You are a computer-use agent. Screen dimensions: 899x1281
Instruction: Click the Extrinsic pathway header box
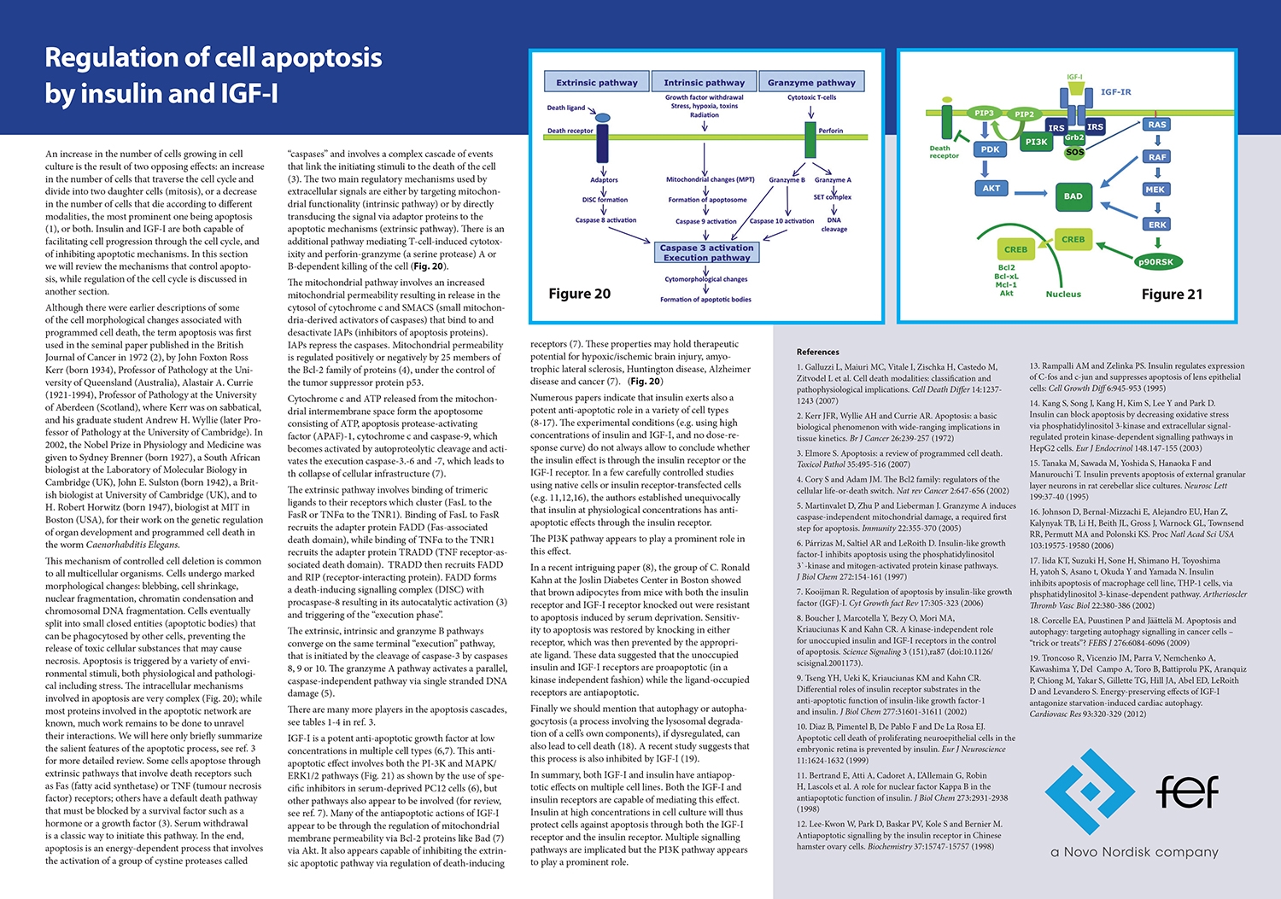(x=597, y=83)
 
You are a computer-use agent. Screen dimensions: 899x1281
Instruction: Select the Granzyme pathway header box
(x=811, y=83)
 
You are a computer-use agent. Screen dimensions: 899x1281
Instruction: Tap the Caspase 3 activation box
(x=707, y=253)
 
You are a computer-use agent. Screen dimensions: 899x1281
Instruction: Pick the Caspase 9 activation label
(x=705, y=221)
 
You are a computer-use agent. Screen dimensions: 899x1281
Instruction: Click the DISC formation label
(x=605, y=200)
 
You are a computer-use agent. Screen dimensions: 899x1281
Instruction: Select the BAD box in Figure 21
(x=1073, y=196)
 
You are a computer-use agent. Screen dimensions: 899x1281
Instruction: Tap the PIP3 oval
(x=984, y=113)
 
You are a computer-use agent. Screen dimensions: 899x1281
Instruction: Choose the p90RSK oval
(x=1155, y=262)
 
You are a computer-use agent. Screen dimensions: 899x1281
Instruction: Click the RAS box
(x=1157, y=125)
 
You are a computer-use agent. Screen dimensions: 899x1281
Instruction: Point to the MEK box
(x=1155, y=190)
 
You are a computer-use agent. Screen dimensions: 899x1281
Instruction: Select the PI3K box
(x=1037, y=142)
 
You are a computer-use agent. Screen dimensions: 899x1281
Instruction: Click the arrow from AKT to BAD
(x=1030, y=193)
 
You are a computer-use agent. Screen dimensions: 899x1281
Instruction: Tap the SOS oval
(x=1074, y=152)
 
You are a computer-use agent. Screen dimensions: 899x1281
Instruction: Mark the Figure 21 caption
(x=1172, y=295)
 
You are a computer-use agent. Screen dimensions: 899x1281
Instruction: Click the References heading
(x=817, y=352)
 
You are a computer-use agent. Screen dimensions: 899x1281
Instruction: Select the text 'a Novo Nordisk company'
(x=1134, y=852)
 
